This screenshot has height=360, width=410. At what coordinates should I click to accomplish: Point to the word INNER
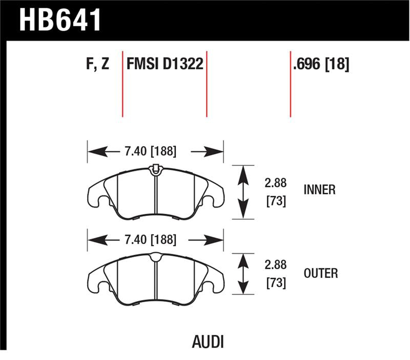pos(319,190)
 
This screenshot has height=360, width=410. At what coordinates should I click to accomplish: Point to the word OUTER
pos(319,273)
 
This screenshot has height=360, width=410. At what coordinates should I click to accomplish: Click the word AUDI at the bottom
pos(209,341)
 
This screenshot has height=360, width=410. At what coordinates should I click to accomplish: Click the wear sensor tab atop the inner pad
pos(155,168)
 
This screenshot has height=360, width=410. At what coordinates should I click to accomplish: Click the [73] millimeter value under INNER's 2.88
pos(276,202)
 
